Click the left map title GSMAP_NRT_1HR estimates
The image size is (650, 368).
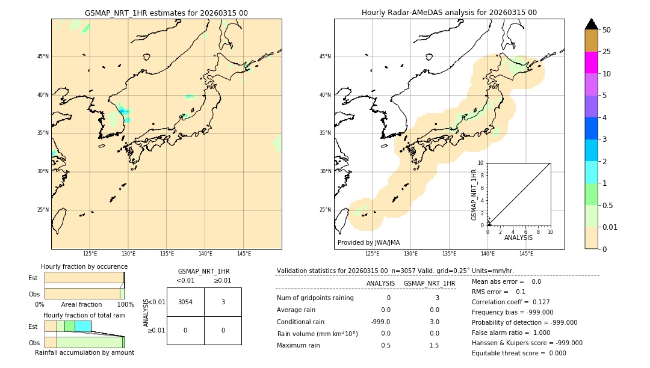(x=166, y=13)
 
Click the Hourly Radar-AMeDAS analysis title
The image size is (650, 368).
(x=449, y=13)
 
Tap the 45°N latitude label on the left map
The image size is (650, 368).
(x=43, y=57)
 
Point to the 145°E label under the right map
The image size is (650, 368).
(x=526, y=254)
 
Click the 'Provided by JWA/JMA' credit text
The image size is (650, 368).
(x=368, y=243)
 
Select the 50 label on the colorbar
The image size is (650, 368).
(x=607, y=30)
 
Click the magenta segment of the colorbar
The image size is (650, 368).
(x=591, y=63)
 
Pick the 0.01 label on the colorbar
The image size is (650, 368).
(x=610, y=227)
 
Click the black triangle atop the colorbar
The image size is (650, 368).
(x=591, y=24)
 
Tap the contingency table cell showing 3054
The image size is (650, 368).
(x=185, y=302)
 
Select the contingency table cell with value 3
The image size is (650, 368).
(x=223, y=302)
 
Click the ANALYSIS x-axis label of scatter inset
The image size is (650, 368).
(x=518, y=238)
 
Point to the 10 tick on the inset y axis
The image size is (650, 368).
(x=481, y=163)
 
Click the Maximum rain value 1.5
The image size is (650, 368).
(x=434, y=345)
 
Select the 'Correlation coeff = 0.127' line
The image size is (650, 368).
(x=510, y=302)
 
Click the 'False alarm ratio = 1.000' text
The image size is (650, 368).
(x=510, y=333)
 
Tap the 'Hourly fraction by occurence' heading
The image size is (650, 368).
(x=84, y=266)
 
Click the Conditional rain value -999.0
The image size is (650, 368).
(x=380, y=322)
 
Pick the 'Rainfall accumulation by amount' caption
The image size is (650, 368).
(x=84, y=352)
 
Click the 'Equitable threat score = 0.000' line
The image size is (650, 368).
(x=519, y=353)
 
